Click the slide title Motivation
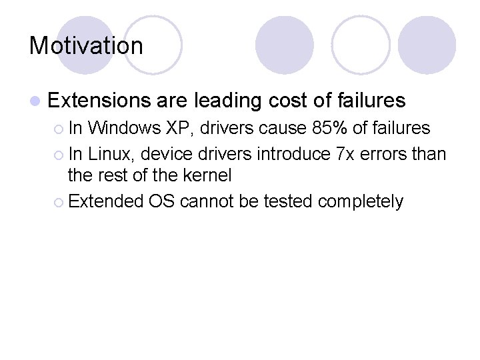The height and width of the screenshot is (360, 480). (86, 46)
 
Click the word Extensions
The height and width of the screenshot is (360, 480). (99, 101)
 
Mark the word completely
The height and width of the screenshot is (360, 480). (360, 201)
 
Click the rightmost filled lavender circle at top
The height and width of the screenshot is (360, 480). (427, 45)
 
